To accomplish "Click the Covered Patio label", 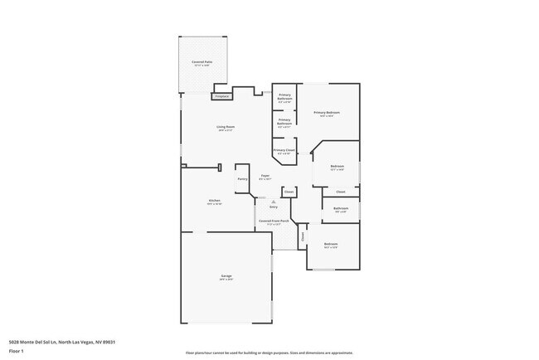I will [x=200, y=62].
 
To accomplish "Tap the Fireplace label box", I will [x=221, y=96].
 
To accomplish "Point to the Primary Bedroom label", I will [x=326, y=113].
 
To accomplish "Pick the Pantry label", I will [x=242, y=178].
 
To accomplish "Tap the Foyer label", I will [x=265, y=176].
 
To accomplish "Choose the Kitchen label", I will [x=214, y=202].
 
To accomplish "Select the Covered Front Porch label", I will [x=274, y=221].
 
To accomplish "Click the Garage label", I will [x=226, y=277].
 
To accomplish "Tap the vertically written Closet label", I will [x=303, y=236].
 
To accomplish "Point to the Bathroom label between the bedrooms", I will [x=340, y=208].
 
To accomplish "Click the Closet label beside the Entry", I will [x=289, y=192].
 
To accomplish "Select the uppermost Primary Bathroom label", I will [x=284, y=97].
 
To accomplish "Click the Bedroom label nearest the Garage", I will [x=331, y=245].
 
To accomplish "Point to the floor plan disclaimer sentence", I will [x=269, y=352].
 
